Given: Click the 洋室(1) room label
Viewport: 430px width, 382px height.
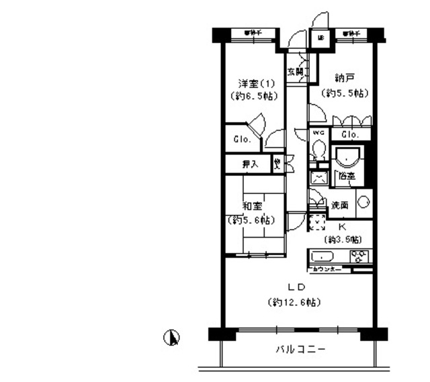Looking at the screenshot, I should (x=252, y=83).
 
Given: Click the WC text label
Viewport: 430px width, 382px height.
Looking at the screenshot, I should (x=318, y=133).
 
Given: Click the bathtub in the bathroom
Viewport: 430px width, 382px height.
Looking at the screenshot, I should (x=347, y=158).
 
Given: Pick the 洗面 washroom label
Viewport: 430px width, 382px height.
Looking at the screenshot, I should (x=338, y=204).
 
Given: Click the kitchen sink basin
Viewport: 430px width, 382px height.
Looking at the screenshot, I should (x=322, y=256).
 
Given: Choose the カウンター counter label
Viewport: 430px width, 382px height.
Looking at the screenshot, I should (x=327, y=269).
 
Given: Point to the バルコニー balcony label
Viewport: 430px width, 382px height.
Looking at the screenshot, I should (x=300, y=350).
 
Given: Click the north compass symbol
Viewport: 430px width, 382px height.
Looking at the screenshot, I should (x=173, y=338).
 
